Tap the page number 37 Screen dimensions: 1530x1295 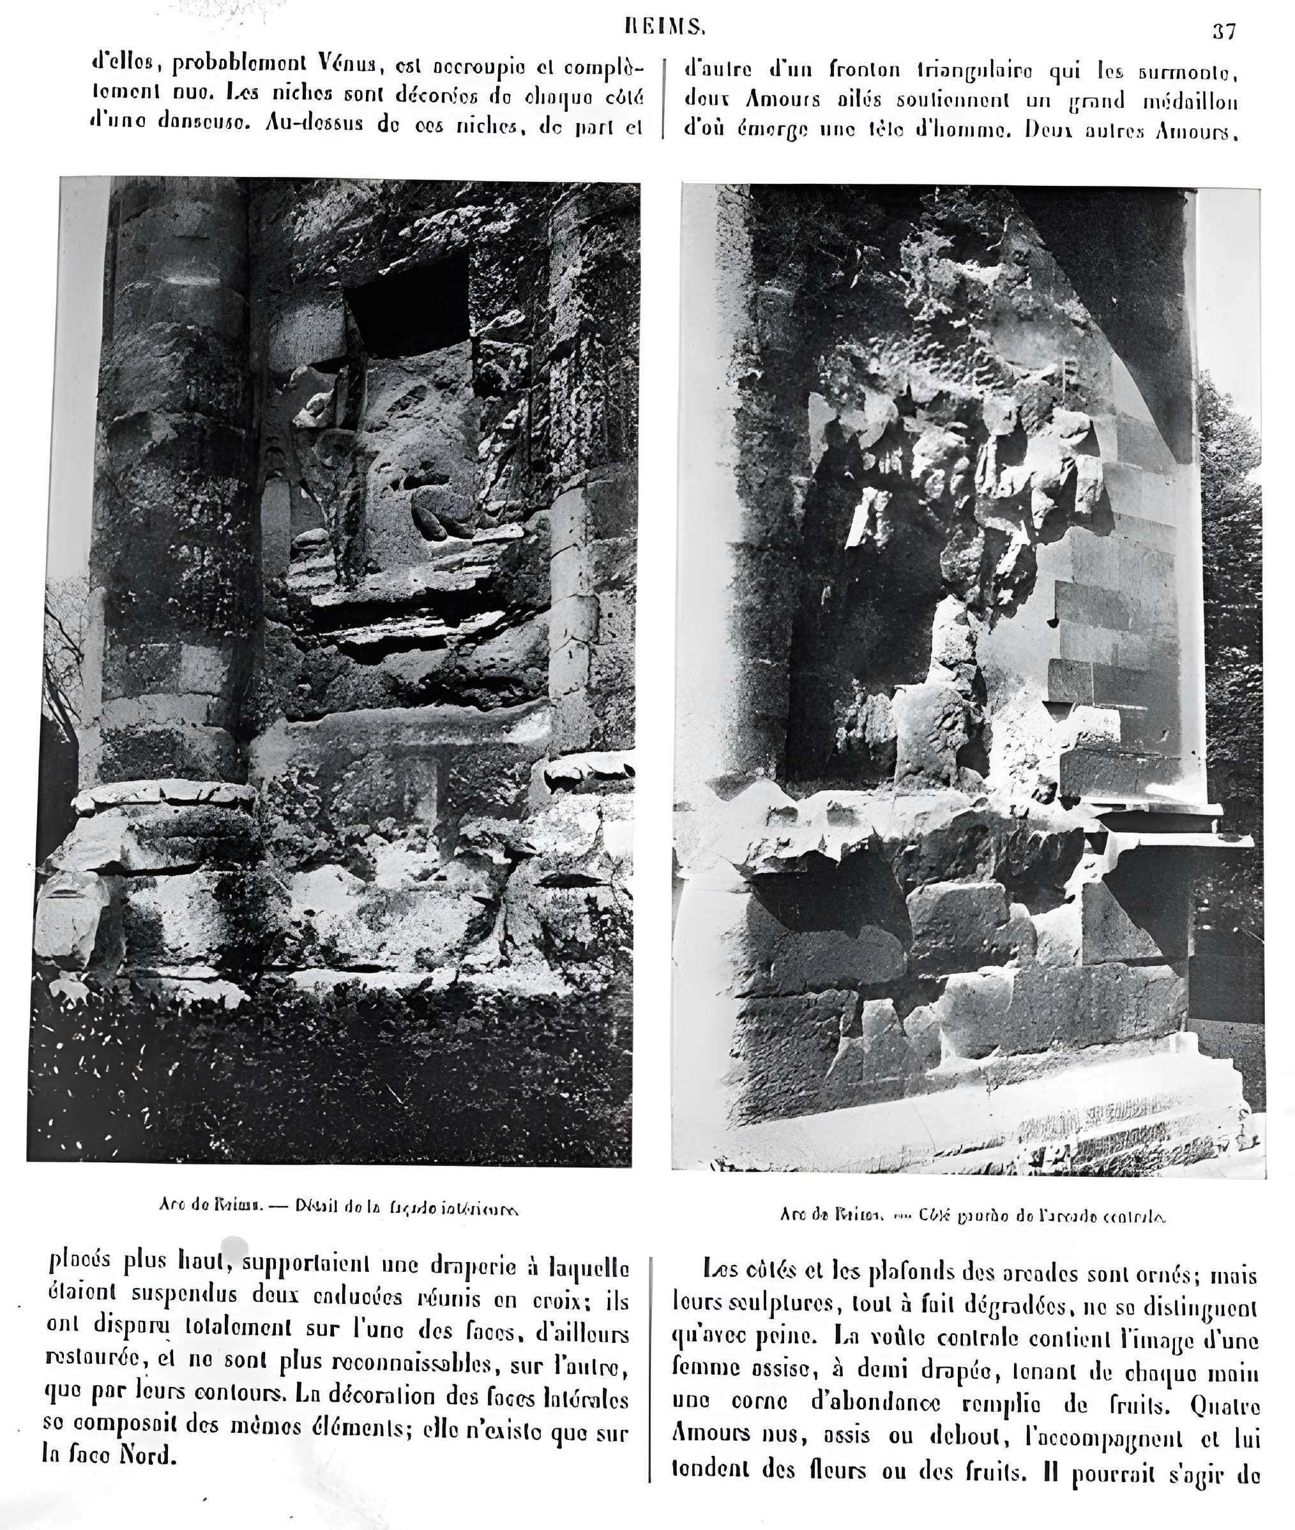1223,31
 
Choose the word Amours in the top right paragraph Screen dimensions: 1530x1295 783,99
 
